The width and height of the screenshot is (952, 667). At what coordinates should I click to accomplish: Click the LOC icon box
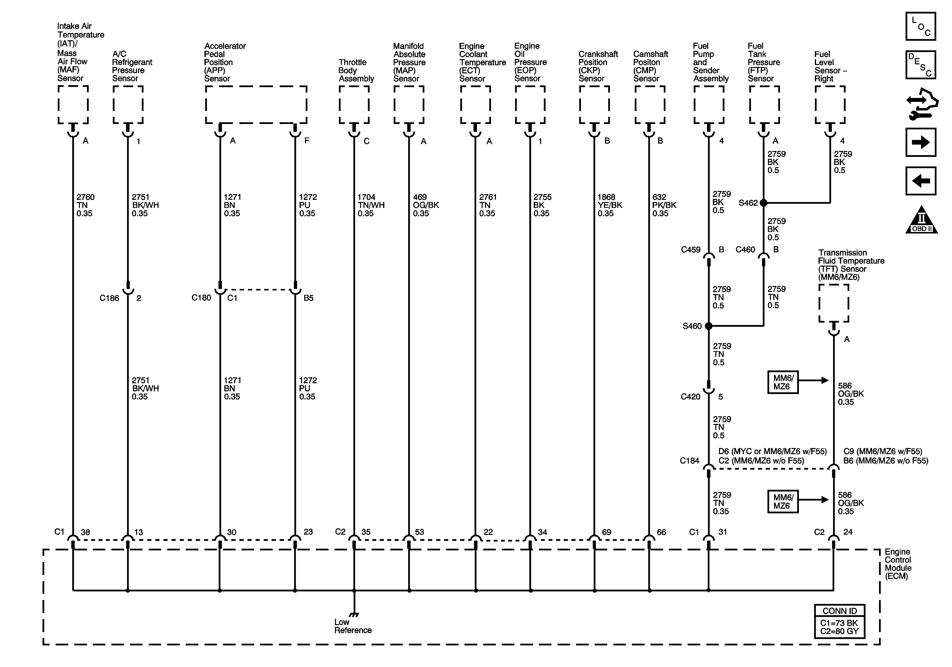pyautogui.click(x=921, y=27)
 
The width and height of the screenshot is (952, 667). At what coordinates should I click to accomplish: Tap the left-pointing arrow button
pyautogui.click(x=921, y=181)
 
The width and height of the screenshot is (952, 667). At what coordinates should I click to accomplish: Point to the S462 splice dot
pyautogui.click(x=763, y=203)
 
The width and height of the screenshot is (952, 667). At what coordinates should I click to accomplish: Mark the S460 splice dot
pyautogui.click(x=709, y=326)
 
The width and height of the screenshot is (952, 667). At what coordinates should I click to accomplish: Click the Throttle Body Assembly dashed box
pyautogui.click(x=354, y=105)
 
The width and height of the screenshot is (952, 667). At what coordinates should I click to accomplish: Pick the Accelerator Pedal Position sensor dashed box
pyautogui.click(x=256, y=105)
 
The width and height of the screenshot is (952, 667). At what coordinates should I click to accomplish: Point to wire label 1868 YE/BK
pyautogui.click(x=609, y=205)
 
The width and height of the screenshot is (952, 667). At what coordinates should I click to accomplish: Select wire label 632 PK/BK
pyautogui.click(x=664, y=205)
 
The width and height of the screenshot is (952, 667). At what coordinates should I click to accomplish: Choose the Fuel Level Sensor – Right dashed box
pyautogui.click(x=830, y=105)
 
